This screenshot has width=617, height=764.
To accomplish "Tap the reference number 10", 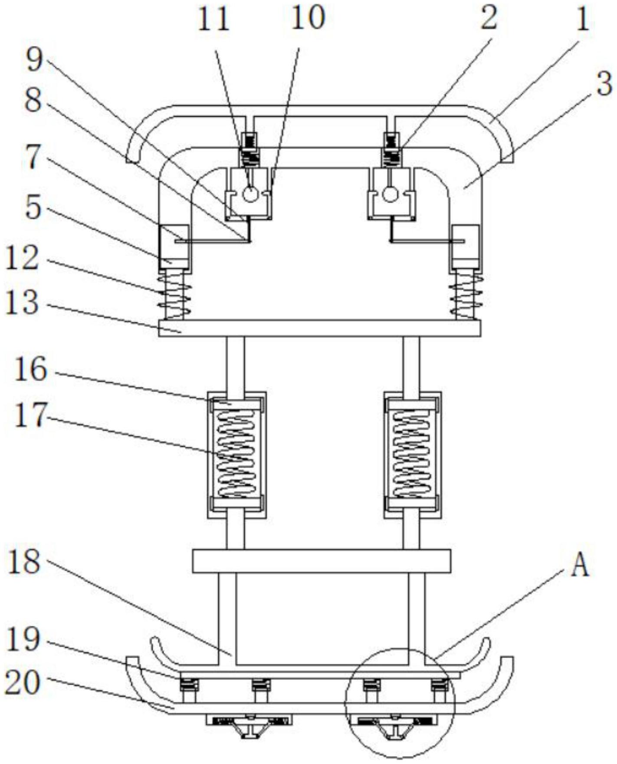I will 308,18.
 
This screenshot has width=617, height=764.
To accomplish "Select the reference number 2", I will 489,18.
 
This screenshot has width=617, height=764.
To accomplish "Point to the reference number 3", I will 604,84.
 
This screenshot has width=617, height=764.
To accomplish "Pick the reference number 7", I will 34,158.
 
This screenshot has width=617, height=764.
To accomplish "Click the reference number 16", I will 30,370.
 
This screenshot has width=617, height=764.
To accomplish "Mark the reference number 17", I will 30,415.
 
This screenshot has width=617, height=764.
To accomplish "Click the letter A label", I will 580,566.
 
